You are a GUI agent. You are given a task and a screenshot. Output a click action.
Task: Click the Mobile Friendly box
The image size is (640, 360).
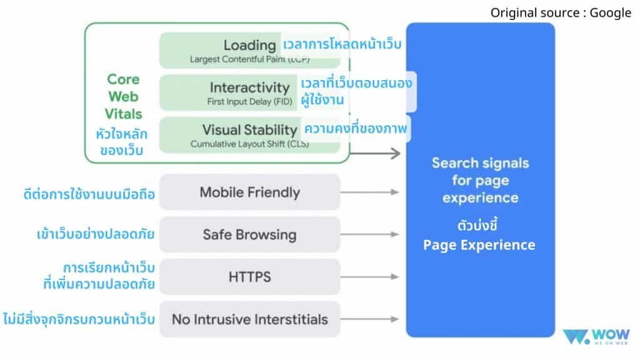[249, 192]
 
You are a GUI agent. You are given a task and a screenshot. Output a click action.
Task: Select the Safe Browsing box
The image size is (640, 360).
[249, 235]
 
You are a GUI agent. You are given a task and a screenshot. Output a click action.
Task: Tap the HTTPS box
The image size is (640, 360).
[249, 277]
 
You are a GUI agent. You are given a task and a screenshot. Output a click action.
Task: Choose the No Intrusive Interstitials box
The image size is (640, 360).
[249, 319]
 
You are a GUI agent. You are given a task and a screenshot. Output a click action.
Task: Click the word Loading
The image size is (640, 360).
[249, 45]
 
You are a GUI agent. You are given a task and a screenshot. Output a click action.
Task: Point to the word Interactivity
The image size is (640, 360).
[249, 87]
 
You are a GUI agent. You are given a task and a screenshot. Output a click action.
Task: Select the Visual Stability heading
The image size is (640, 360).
[249, 129]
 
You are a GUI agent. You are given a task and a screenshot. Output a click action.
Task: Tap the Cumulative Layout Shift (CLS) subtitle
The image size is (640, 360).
[249, 143]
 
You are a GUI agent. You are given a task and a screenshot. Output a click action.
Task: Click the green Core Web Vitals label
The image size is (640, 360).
[123, 96]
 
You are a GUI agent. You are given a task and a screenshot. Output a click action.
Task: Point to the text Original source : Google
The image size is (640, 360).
[561, 12]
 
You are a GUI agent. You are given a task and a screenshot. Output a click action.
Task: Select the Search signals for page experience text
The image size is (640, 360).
[480, 180]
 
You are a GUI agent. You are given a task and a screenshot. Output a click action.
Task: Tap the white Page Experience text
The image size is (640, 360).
[479, 244]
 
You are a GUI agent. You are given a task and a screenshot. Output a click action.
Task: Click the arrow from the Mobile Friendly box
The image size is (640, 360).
[371, 192]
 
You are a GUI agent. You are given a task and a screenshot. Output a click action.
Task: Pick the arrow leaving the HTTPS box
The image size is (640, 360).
[371, 277]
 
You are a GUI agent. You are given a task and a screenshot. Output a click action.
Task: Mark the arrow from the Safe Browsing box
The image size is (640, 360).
[371, 235]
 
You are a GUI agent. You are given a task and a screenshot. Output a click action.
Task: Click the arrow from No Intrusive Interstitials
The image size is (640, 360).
[371, 319]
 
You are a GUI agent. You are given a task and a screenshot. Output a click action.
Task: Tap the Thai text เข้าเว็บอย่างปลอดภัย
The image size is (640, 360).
[95, 235]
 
